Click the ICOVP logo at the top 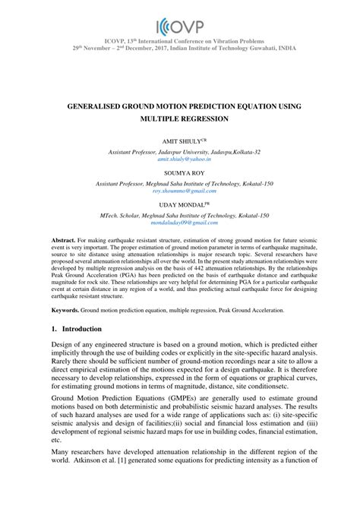180,24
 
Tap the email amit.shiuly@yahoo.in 180,160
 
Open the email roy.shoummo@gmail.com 180,191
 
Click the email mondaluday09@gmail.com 180,224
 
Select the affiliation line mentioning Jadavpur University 180,152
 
